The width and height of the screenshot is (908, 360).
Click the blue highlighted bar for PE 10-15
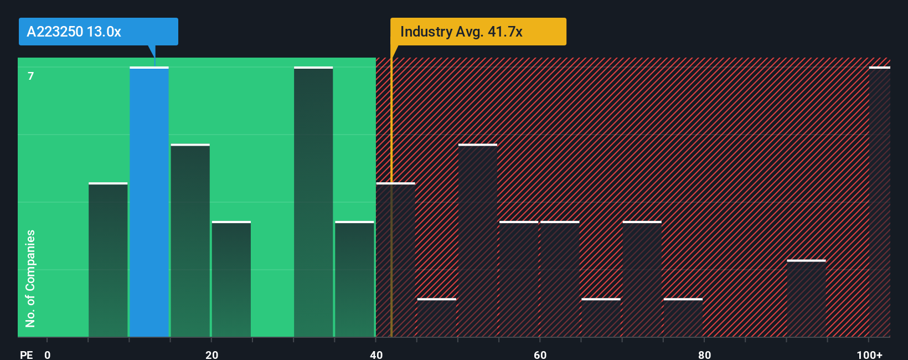[x=149, y=202]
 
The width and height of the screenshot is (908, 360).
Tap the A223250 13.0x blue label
[x=98, y=32]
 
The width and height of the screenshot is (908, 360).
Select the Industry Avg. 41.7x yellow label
[x=478, y=32]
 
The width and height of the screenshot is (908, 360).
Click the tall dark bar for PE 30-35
[x=313, y=202]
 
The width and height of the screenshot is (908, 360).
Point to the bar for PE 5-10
[x=108, y=260]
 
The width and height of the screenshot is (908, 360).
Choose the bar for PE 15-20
[x=190, y=240]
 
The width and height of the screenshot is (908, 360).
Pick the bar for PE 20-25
[x=231, y=279]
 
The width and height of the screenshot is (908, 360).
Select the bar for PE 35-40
[x=354, y=279]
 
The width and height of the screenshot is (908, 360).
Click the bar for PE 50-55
[x=478, y=240]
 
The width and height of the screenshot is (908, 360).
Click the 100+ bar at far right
[x=879, y=202]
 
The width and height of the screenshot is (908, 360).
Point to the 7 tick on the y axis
[x=31, y=76]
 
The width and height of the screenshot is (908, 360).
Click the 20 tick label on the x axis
[x=211, y=354]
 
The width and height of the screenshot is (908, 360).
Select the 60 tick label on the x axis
[x=540, y=354]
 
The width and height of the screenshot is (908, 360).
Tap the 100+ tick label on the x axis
[x=869, y=354]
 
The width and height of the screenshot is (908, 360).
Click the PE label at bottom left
[x=26, y=354]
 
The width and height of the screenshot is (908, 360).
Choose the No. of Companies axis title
[x=30, y=278]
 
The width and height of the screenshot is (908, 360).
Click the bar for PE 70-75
[x=642, y=279]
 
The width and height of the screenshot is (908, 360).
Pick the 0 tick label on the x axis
[x=48, y=354]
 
